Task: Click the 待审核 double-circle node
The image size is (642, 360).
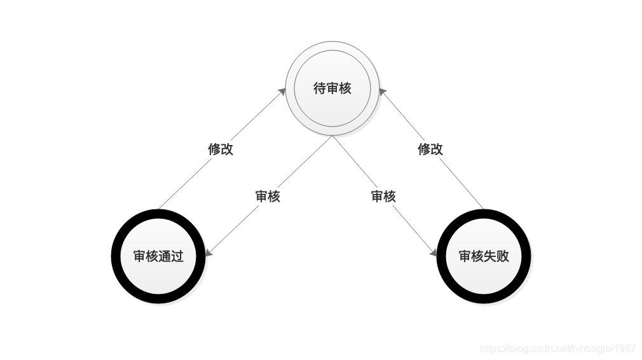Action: pyautogui.click(x=332, y=88)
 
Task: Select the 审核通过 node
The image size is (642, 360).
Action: pyautogui.click(x=158, y=256)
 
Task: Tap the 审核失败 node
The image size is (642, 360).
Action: pyautogui.click(x=484, y=256)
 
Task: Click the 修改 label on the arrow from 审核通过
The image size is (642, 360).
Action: pyautogui.click(x=221, y=149)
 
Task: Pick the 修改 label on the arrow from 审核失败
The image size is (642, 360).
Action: pyautogui.click(x=430, y=149)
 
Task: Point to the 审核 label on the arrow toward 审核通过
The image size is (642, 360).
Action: pyautogui.click(x=268, y=196)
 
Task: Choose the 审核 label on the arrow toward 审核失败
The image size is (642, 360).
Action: pyautogui.click(x=383, y=196)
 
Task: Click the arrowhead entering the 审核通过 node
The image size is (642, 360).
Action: pyautogui.click(x=208, y=253)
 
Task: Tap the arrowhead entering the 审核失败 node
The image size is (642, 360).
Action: pyautogui.click(x=434, y=253)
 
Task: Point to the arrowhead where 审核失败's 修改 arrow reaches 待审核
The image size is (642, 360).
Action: pyautogui.click(x=381, y=92)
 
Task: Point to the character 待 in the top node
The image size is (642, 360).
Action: pyautogui.click(x=320, y=88)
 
